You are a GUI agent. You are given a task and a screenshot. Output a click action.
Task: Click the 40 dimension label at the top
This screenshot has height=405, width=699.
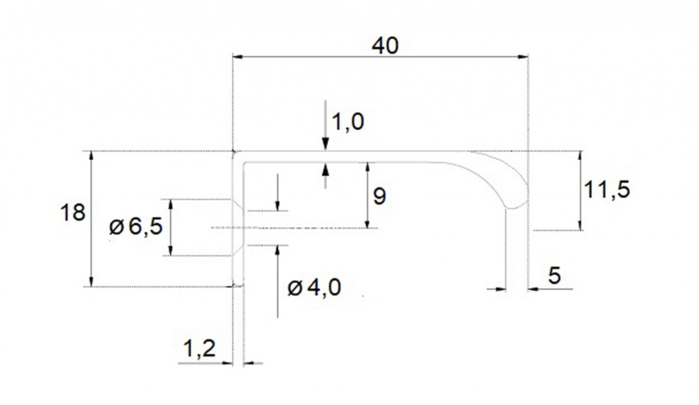pos(385,46)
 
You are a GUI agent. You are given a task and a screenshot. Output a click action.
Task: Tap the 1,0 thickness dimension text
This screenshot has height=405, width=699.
pos(348,122)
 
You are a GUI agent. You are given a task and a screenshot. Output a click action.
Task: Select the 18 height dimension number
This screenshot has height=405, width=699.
pos(73,213)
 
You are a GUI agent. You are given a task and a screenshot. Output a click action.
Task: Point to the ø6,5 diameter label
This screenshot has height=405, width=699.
pos(136,227)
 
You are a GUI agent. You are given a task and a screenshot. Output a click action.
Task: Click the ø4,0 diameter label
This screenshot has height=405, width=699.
pos(314,288)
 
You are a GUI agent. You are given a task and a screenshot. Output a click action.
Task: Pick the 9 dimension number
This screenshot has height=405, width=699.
pos(379,196)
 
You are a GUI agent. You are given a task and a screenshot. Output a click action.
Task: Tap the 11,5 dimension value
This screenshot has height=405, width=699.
pos(607,190)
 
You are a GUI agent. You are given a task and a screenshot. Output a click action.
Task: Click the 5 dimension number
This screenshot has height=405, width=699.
pos(555,275)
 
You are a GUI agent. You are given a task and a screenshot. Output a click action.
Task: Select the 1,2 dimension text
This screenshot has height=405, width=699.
pos(199,348)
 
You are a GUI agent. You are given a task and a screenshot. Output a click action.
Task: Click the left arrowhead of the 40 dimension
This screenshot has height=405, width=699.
pos(237,57)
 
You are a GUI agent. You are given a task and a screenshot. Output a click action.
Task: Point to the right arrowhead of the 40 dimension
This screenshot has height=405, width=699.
pos(523,57)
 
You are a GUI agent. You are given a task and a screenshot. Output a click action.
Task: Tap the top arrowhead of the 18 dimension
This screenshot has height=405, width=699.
pos(91,156)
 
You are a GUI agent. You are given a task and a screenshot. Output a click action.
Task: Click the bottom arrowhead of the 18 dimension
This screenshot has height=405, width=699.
pos(91,281)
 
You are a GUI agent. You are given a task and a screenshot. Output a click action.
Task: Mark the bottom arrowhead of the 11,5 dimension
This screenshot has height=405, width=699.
pos(580,225)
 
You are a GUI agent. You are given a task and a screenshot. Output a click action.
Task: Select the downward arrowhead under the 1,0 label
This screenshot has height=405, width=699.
pos(325,145)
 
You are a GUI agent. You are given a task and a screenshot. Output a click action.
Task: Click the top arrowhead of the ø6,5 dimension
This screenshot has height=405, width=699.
pos(170,204)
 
